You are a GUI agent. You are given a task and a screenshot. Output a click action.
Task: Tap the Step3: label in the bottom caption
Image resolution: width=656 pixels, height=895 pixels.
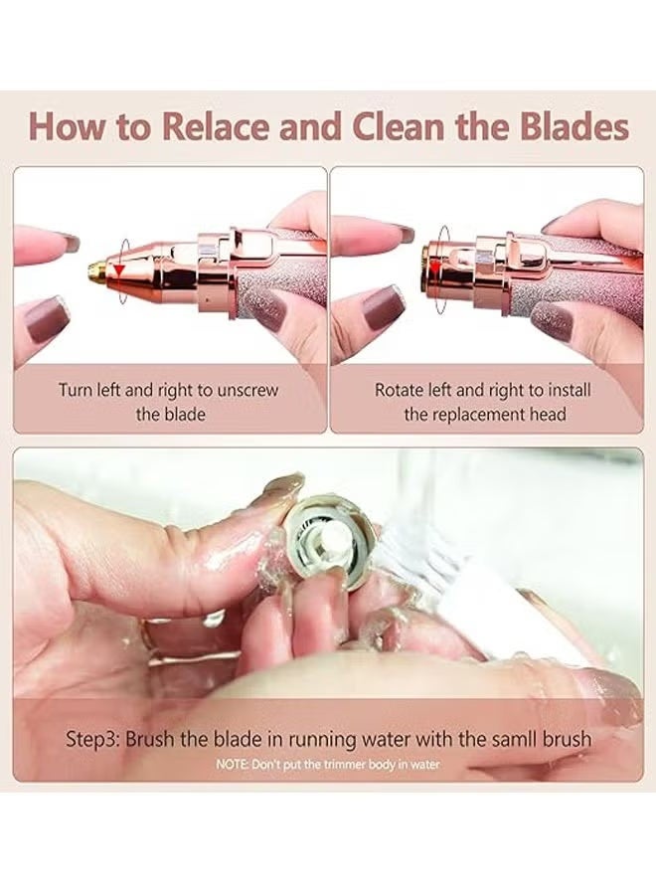(95, 739)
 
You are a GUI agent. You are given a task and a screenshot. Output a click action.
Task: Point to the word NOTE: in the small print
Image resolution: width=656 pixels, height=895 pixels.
(232, 764)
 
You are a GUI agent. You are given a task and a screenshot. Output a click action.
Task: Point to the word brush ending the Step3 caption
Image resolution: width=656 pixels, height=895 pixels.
(570, 739)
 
